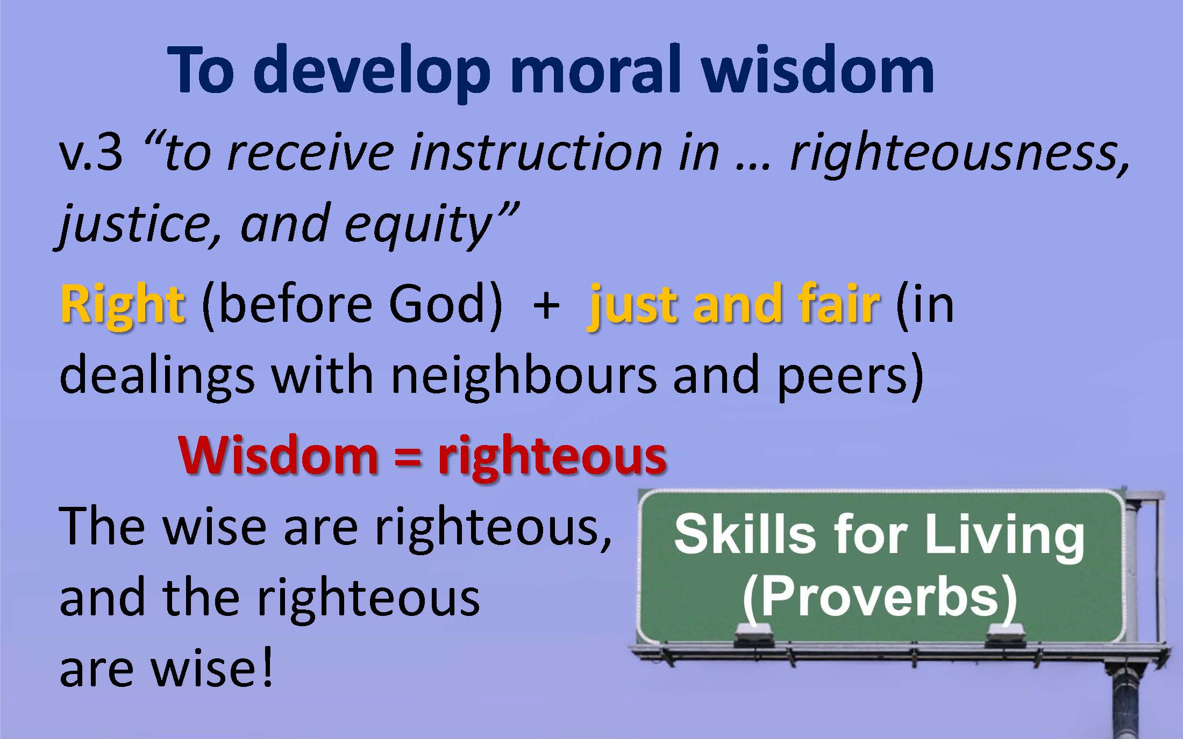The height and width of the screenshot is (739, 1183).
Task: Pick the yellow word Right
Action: tap(123, 305)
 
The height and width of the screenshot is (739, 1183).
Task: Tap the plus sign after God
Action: tap(546, 307)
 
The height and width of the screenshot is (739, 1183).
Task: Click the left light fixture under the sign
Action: tap(754, 636)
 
